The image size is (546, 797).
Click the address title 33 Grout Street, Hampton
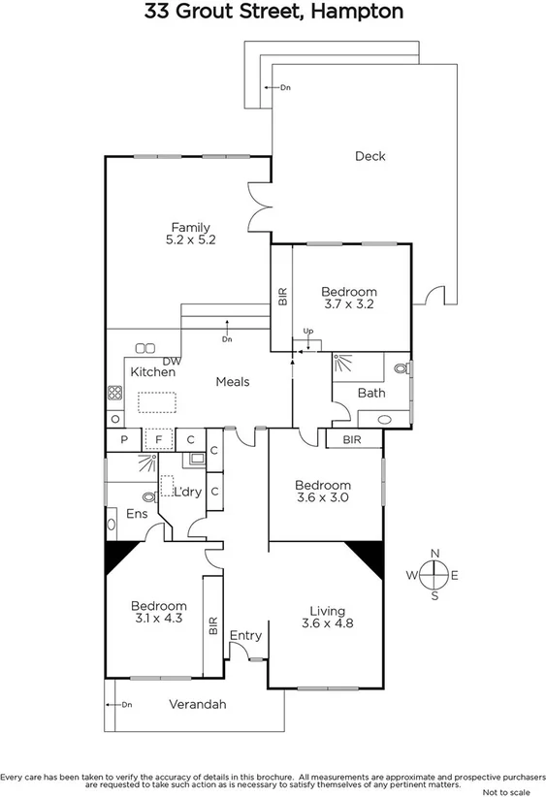pyautogui.click(x=273, y=13)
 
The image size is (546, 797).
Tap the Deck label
pyautogui.click(x=369, y=156)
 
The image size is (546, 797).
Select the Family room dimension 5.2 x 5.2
pyautogui.click(x=190, y=239)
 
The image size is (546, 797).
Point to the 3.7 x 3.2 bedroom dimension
pyautogui.click(x=349, y=303)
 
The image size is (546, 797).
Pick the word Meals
pyautogui.click(x=232, y=382)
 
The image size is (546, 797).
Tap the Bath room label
pyautogui.click(x=371, y=393)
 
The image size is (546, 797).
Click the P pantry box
pyautogui.click(x=124, y=440)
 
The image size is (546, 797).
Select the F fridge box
pyautogui.click(x=157, y=440)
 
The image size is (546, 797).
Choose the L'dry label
pyautogui.click(x=187, y=492)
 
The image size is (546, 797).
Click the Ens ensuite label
pyautogui.click(x=137, y=514)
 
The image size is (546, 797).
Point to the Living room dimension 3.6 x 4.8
pyautogui.click(x=327, y=623)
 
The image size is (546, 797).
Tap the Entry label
pyautogui.click(x=246, y=636)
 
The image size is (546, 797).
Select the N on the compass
pyautogui.click(x=435, y=554)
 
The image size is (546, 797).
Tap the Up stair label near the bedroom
pyautogui.click(x=308, y=332)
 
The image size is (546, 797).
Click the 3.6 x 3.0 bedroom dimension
pyautogui.click(x=323, y=497)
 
